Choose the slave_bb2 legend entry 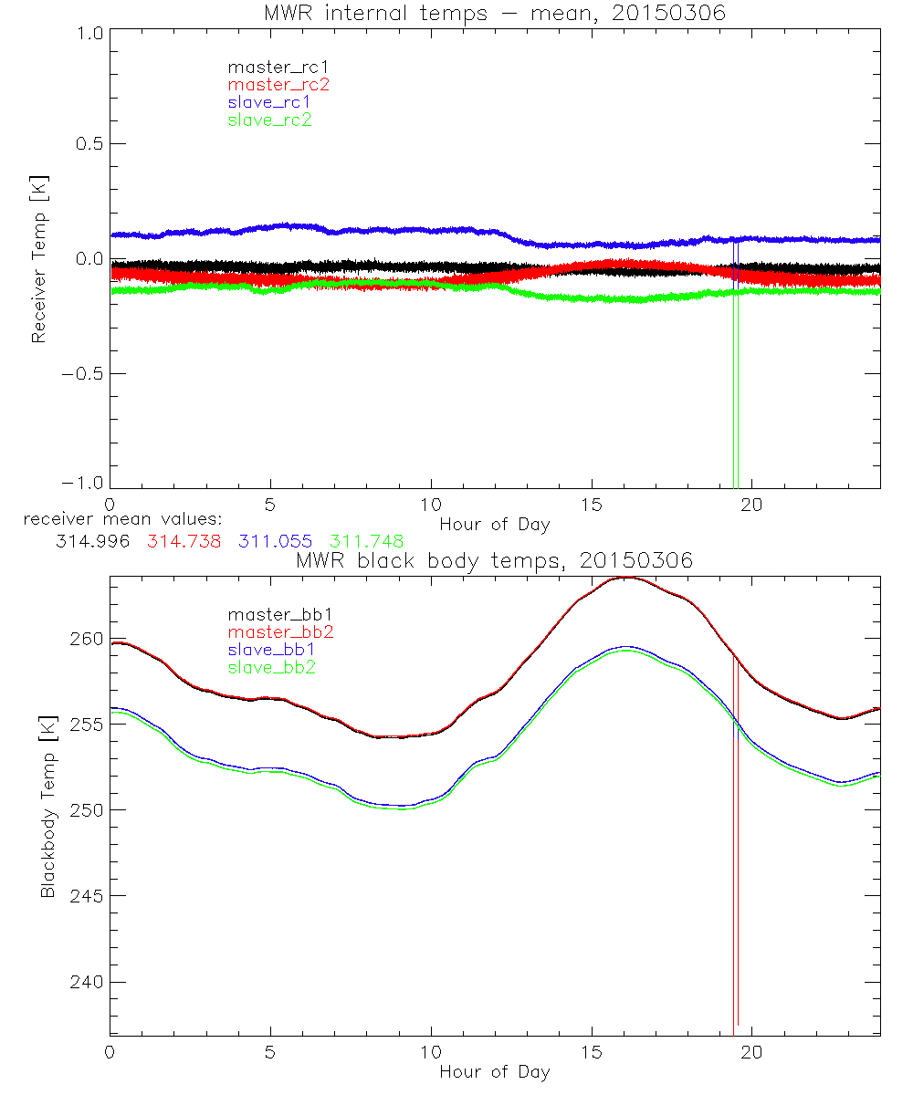click(x=268, y=668)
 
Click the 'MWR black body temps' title click(x=495, y=560)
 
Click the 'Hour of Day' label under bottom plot click(x=495, y=1071)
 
